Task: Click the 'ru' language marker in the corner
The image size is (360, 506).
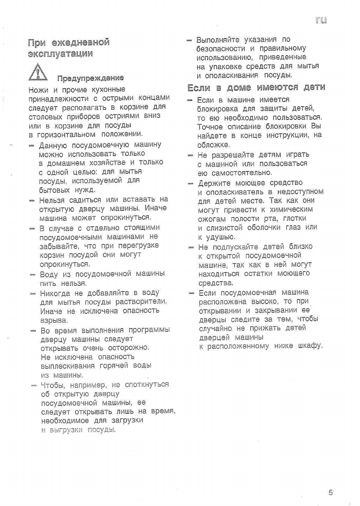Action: click(x=321, y=20)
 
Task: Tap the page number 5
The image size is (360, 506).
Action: click(x=331, y=493)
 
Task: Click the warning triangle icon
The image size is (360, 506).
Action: click(x=38, y=72)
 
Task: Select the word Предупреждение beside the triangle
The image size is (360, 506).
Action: click(x=90, y=78)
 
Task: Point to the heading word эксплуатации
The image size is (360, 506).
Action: click(x=60, y=54)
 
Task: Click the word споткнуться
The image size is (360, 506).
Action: click(x=147, y=384)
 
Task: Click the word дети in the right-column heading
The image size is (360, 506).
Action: click(x=314, y=87)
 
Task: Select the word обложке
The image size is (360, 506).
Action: click(x=213, y=145)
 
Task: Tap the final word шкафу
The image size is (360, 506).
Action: click(x=310, y=346)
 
